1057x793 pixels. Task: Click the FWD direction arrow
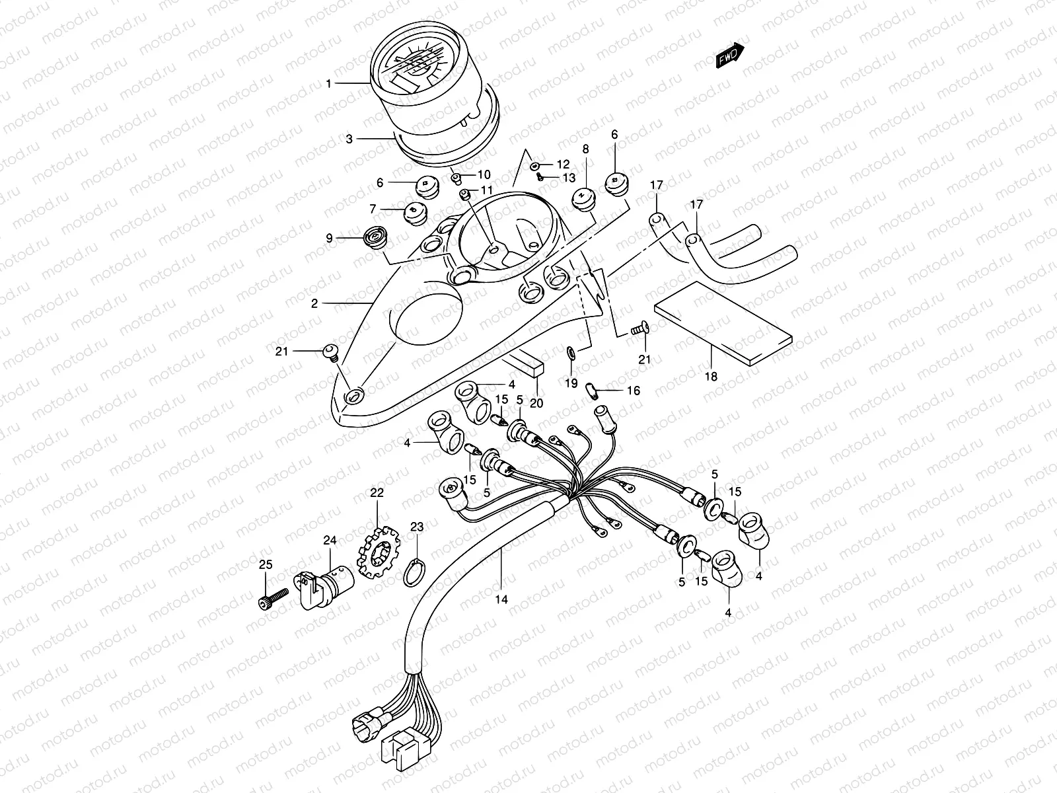[x=730, y=57]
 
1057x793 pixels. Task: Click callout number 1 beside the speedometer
[x=328, y=83]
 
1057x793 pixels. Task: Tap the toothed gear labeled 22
[x=378, y=552]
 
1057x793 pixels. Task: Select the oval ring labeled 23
[x=414, y=572]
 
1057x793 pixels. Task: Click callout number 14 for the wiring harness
[x=501, y=600]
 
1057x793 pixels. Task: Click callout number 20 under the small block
[x=536, y=402]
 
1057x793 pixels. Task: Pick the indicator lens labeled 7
[x=414, y=212]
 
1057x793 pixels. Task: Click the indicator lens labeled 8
[x=581, y=197]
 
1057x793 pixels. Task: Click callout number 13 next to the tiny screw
[x=569, y=178]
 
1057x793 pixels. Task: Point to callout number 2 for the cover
[x=314, y=304]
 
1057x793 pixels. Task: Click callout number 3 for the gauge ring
[x=349, y=139]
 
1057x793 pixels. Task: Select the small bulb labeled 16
[x=595, y=391]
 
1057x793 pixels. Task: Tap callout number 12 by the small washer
[x=563, y=164]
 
